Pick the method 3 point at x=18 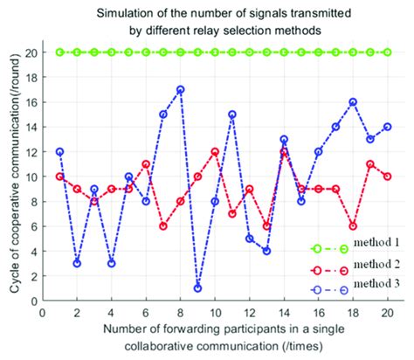pyautogui.click(x=353, y=101)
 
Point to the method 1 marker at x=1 pyautogui.click(x=60, y=52)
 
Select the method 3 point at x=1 pyautogui.click(x=60, y=151)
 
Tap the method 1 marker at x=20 pyautogui.click(x=387, y=52)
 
